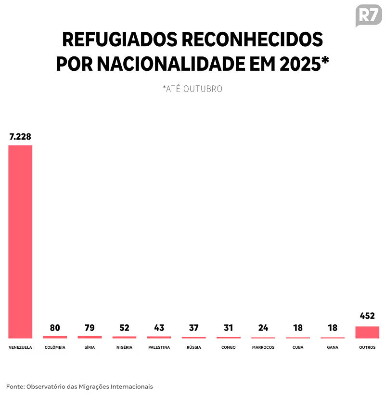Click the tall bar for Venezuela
click(20, 241)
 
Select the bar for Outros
click(367, 332)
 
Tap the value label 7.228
click(20, 137)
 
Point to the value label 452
click(367, 317)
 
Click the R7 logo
click(368, 15)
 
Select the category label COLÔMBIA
click(55, 347)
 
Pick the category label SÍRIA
click(90, 347)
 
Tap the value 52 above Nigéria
click(124, 328)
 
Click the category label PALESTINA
click(159, 347)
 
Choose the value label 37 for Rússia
click(193, 328)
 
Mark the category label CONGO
click(229, 347)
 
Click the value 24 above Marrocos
click(263, 328)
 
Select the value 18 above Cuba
click(298, 328)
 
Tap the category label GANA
click(333, 347)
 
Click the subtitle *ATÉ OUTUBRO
click(192, 89)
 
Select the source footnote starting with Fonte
click(79, 386)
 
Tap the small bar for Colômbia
click(55, 337)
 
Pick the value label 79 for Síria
click(90, 328)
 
